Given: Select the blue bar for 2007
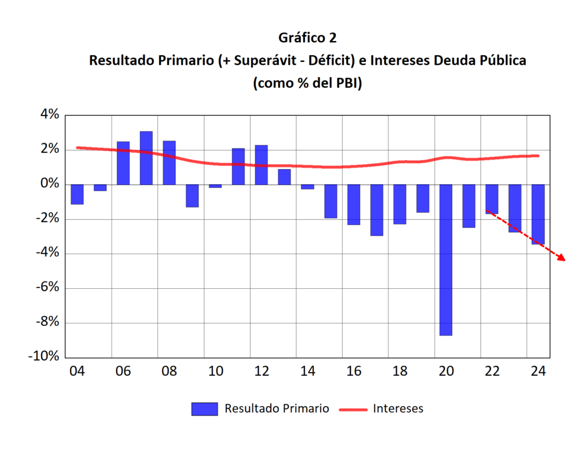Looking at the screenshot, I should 146,158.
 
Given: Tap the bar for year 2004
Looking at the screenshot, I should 77,194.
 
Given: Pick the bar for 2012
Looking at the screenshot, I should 261,165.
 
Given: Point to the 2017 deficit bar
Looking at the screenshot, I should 376,210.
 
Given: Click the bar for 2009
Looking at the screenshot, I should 192,196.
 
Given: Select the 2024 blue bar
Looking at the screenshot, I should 538,214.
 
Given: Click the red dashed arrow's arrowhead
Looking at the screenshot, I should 561,258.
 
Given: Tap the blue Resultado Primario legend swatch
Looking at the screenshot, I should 204,409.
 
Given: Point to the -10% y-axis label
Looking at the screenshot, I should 43,357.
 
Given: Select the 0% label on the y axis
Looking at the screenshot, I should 49,184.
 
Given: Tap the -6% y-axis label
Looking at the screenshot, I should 46,288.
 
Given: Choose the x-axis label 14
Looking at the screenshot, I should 308,372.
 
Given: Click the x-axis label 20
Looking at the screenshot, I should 446,372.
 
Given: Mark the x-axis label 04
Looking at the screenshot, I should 77,372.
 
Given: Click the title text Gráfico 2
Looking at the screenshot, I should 307,38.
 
